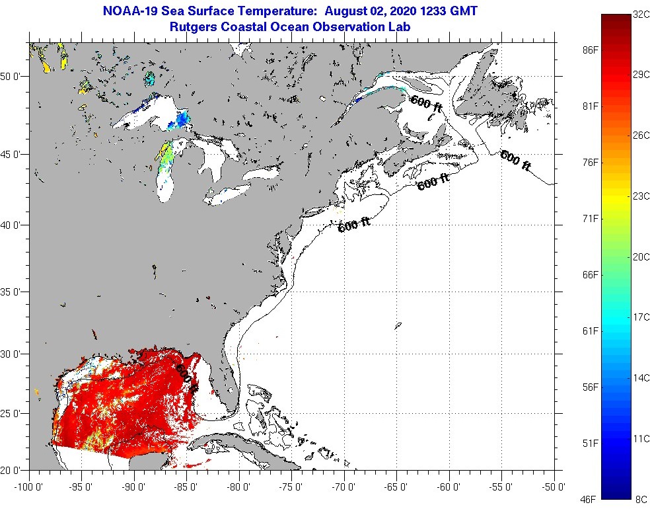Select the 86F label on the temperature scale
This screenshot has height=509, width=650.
(590, 50)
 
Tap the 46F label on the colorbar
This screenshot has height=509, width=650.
(590, 500)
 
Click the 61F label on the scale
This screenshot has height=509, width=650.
(590, 331)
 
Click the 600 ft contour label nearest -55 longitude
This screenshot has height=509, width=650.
(516, 161)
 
